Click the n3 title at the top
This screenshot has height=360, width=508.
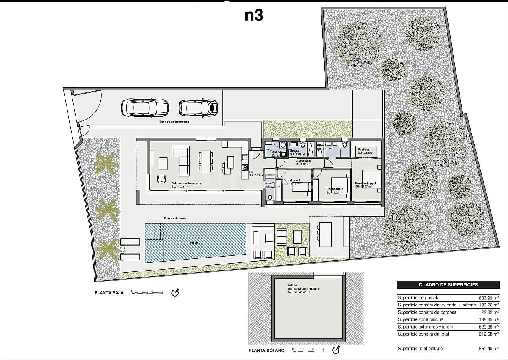coord(254,15)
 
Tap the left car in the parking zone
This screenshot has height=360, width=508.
coord(145,108)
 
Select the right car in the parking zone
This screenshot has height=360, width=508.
coord(198,107)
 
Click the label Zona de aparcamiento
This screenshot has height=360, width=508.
coord(174,122)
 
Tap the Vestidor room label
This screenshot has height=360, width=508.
coord(363,150)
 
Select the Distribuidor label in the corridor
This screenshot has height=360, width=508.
coord(303,161)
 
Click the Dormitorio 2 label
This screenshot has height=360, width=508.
coord(338,189)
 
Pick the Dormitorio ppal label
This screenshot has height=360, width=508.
coord(366,183)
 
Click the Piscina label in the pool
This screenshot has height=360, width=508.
coord(196,243)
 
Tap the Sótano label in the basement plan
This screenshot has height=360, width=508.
coord(292,285)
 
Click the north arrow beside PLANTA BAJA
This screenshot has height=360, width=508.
coord(175,293)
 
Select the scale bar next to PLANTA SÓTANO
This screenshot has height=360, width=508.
coord(308,349)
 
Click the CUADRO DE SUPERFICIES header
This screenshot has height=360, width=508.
coord(448,285)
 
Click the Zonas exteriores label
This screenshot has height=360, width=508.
coord(175,218)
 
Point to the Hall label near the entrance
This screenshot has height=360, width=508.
coord(252,172)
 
